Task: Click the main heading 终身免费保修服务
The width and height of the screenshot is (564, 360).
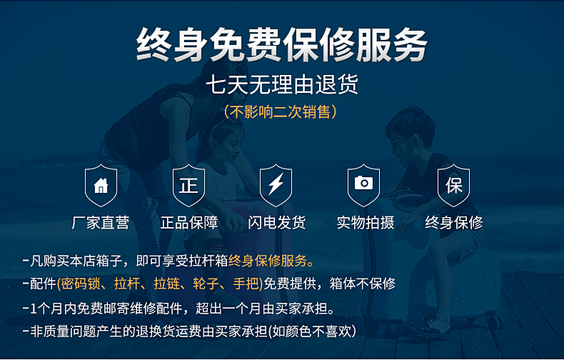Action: (281, 44)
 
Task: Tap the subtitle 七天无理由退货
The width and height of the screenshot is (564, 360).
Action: (282, 84)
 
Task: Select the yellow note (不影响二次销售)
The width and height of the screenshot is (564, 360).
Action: (281, 111)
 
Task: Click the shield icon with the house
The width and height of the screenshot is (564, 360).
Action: (101, 186)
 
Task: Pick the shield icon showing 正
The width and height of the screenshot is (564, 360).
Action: (189, 186)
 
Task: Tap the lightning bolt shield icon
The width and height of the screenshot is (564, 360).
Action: (276, 186)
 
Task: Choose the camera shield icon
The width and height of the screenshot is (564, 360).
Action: (363, 186)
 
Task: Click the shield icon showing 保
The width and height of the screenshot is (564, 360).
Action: (453, 186)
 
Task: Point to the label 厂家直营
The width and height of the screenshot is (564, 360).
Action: (101, 222)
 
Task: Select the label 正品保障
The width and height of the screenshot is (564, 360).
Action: (189, 222)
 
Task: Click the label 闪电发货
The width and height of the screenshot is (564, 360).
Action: (276, 222)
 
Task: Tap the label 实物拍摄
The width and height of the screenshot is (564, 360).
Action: (366, 222)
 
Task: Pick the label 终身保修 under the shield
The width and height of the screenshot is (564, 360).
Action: (453, 222)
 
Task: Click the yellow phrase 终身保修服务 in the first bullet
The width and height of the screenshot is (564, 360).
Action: (268, 261)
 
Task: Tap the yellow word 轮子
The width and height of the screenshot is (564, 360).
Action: (206, 284)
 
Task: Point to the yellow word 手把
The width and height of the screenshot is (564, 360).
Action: (246, 284)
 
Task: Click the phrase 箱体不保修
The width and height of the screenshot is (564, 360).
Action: (363, 284)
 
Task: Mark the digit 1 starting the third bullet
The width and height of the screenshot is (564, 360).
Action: (34, 309)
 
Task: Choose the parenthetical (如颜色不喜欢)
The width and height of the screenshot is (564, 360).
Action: (313, 331)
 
